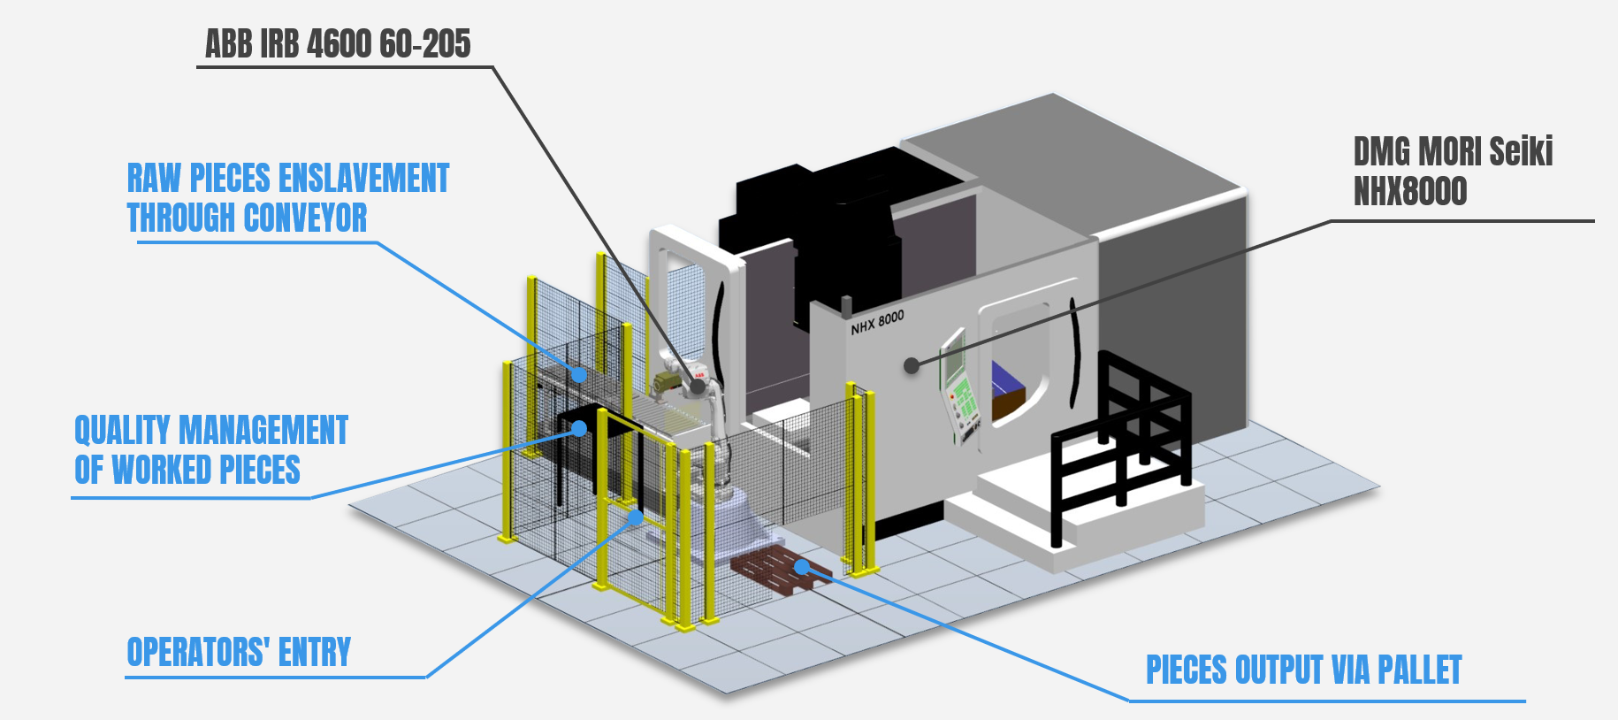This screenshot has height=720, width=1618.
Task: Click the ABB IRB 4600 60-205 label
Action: (x=338, y=44)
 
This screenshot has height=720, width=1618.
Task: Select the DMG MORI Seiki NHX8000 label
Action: (x=1453, y=172)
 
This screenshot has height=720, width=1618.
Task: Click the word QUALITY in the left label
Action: (x=122, y=431)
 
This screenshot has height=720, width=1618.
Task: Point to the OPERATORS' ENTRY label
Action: (x=239, y=653)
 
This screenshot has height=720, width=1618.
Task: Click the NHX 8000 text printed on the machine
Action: (x=877, y=322)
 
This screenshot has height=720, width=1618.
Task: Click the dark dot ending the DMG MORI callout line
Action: (x=912, y=365)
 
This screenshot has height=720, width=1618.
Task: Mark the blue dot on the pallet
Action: (x=803, y=566)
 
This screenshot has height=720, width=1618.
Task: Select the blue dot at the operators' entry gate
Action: (x=635, y=517)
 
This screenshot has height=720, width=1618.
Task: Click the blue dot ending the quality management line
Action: (x=579, y=429)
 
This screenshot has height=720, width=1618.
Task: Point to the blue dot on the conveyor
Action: (x=578, y=374)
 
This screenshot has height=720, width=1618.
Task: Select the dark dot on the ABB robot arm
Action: (x=698, y=386)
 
